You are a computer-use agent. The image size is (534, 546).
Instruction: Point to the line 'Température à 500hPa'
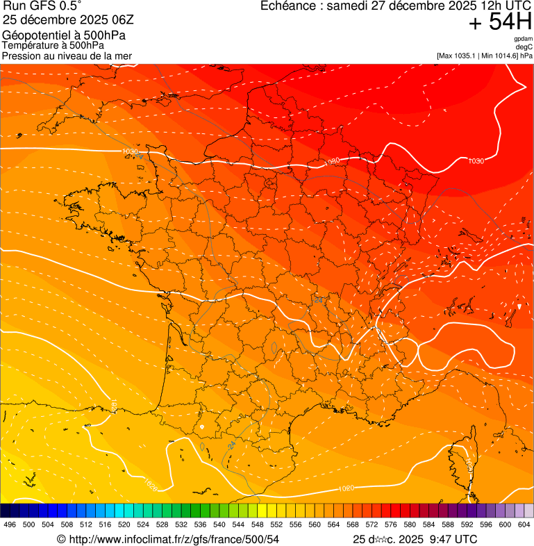click(x=53, y=45)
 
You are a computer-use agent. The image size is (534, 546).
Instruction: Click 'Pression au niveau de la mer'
click(x=67, y=56)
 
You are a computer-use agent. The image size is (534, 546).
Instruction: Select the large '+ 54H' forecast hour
click(x=500, y=22)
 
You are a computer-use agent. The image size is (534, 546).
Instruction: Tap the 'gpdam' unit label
click(x=523, y=39)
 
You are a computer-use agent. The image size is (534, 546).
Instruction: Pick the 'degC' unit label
click(x=524, y=47)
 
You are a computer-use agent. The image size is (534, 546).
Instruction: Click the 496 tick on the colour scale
click(x=10, y=525)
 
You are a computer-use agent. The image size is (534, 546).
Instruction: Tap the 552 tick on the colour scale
click(x=276, y=525)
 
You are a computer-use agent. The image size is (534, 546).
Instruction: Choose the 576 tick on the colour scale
click(x=390, y=525)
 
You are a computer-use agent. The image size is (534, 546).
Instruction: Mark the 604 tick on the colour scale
click(x=524, y=525)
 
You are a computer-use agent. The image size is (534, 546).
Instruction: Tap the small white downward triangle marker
click(x=519, y=306)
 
